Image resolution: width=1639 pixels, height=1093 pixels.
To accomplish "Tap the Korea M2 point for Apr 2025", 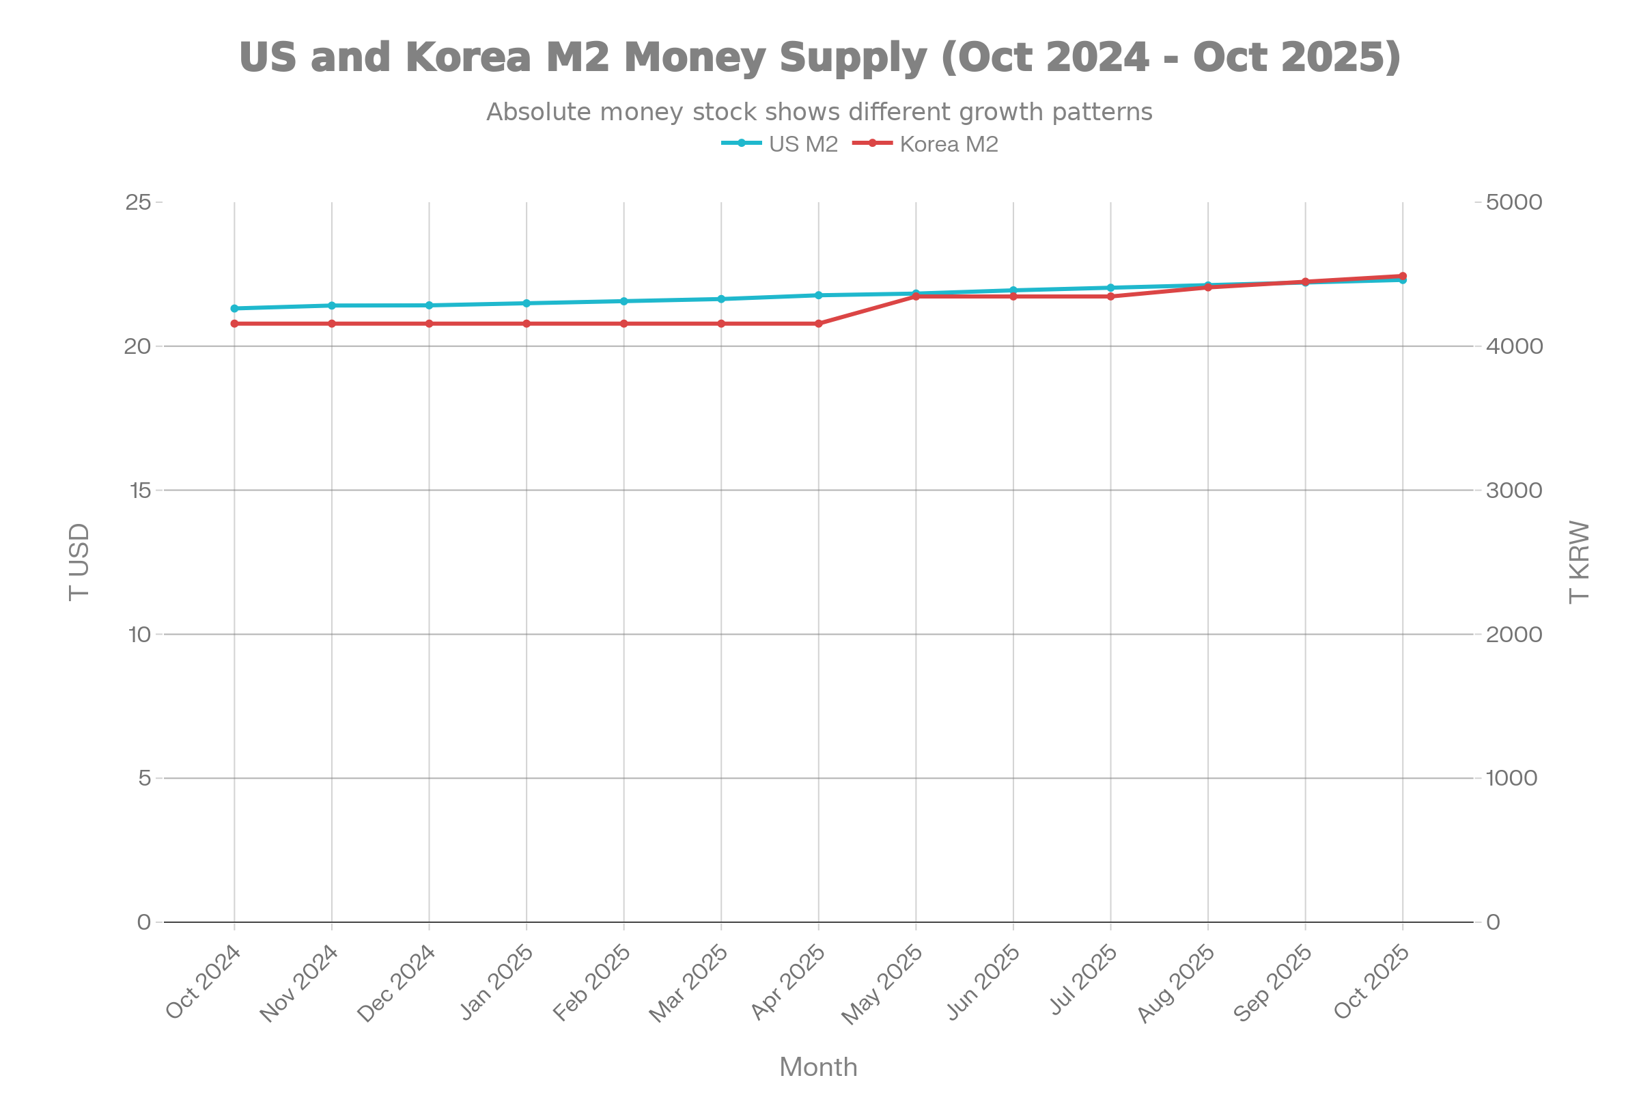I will pyautogui.click(x=819, y=323).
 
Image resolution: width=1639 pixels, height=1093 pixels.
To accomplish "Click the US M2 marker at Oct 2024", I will pyautogui.click(x=234, y=308).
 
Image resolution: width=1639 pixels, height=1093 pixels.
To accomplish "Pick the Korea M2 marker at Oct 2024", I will pyautogui.click(x=234, y=323).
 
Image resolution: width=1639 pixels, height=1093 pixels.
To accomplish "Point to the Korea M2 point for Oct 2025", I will pyautogui.click(x=1403, y=276).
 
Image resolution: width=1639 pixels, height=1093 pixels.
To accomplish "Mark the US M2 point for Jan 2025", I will pyautogui.click(x=526, y=303).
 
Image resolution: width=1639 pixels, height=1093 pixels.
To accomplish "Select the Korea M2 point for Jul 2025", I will pyautogui.click(x=1111, y=296).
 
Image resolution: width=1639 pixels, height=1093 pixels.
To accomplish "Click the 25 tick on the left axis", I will pyautogui.click(x=138, y=202).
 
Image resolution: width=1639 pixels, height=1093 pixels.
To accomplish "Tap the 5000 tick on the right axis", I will pyautogui.click(x=1513, y=202).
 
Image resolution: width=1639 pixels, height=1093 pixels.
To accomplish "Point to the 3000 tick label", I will pyautogui.click(x=1513, y=490).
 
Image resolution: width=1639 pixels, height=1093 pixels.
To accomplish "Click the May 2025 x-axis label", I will pyautogui.click(x=882, y=984).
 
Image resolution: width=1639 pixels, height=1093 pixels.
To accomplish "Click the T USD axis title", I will pyautogui.click(x=79, y=562).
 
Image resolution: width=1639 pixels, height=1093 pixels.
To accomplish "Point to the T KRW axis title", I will pyautogui.click(x=1579, y=562).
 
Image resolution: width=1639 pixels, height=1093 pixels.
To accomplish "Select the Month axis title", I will pyautogui.click(x=818, y=1067).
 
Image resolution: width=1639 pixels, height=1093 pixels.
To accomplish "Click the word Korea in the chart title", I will pyautogui.click(x=468, y=57).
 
